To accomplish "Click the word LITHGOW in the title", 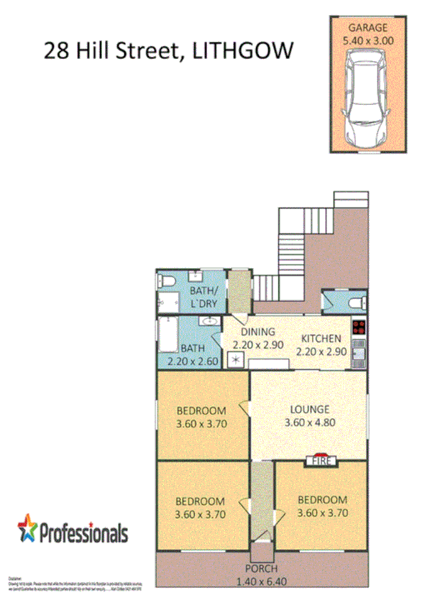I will [x=244, y=51].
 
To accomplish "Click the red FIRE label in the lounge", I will [x=321, y=461].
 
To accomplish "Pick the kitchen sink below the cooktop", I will [x=359, y=351].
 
